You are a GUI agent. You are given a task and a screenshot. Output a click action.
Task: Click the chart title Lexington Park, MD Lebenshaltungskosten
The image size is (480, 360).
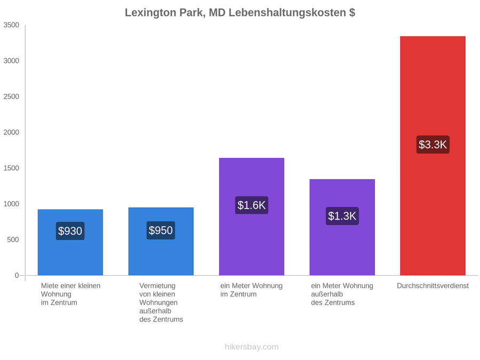point(239,13)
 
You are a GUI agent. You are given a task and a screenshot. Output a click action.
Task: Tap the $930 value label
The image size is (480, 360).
point(70,231)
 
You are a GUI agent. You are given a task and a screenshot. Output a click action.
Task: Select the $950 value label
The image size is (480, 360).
point(161,230)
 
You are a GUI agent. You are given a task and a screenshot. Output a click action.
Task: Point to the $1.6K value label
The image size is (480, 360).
point(252,205)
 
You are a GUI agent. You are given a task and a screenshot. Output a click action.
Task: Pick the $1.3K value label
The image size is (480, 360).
point(342,216)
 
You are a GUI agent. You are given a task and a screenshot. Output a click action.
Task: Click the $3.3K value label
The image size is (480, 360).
point(433,145)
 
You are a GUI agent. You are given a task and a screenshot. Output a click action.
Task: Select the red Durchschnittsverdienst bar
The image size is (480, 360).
point(433,156)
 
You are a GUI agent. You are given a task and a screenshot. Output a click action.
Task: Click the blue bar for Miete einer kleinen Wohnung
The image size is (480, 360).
point(70,243)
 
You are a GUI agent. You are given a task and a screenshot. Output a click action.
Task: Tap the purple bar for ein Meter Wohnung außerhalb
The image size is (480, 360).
point(342,227)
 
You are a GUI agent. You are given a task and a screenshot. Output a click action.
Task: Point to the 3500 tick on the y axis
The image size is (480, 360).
point(11,25)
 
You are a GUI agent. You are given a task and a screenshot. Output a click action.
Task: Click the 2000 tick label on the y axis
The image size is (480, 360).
point(11,132)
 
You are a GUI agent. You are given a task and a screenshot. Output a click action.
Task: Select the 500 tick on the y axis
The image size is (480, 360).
point(13,239)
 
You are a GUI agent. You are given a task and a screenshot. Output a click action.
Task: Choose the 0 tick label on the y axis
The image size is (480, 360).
point(17,276)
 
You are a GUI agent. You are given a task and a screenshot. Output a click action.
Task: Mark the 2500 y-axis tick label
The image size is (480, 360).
point(11,97)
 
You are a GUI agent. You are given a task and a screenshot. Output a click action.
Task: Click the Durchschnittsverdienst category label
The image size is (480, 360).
point(433,286)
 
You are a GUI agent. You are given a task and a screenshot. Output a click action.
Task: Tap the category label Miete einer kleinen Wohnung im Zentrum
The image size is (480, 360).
point(71,294)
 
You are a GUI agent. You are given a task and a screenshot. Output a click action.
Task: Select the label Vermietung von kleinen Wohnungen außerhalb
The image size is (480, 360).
point(161,302)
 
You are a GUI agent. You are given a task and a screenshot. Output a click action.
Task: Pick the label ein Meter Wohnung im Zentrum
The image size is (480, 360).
point(252,290)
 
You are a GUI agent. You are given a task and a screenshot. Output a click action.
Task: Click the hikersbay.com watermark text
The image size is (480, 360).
point(252,347)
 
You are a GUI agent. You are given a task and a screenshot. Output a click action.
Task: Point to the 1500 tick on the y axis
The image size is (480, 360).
point(11,168)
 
